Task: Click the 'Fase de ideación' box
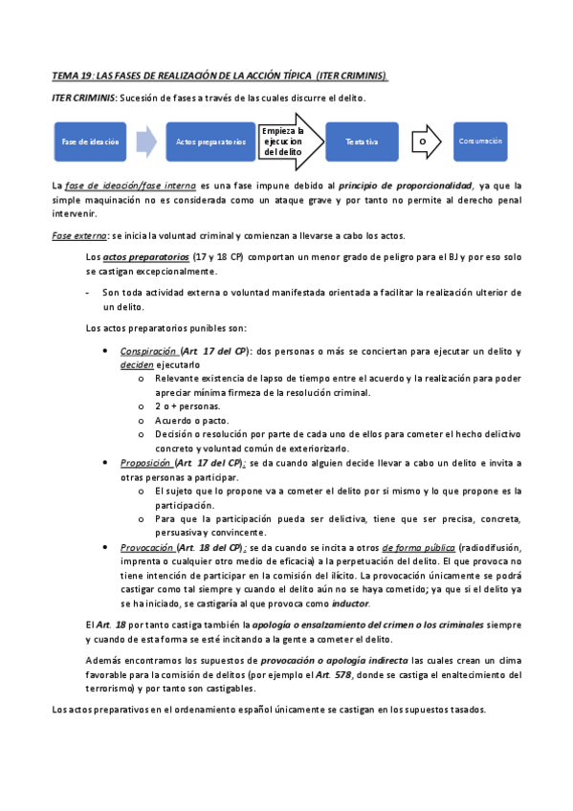[x=91, y=142]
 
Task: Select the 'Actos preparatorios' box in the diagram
[x=210, y=142]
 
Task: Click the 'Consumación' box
[x=480, y=141]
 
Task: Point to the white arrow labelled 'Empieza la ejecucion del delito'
[x=284, y=142]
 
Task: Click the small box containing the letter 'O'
[x=422, y=142]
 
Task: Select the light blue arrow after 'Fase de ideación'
[x=145, y=142]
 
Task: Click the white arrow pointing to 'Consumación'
[x=432, y=142]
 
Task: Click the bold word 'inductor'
[x=350, y=604]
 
